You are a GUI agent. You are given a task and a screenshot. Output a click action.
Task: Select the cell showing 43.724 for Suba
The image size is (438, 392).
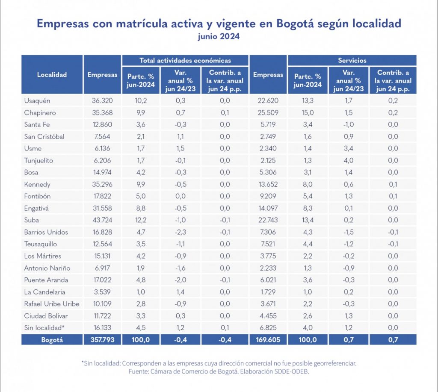(102, 220)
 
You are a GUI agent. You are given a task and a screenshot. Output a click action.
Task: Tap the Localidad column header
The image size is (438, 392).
(52, 75)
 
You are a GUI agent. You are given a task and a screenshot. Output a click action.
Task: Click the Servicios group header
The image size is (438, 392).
(352, 61)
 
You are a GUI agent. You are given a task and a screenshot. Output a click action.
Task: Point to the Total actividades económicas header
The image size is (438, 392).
(185, 61)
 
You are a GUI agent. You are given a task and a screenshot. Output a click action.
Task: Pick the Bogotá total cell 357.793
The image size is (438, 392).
(102, 340)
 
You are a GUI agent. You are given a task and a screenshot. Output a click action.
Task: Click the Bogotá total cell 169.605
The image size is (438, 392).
(268, 340)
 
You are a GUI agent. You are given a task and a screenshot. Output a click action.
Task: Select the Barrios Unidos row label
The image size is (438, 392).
(46, 232)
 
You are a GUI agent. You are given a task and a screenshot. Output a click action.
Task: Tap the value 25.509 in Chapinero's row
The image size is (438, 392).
(268, 113)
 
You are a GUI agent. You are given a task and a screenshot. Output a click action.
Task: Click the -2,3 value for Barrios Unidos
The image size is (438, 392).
(180, 232)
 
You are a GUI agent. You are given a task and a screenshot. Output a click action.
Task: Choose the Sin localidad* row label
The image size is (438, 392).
(44, 328)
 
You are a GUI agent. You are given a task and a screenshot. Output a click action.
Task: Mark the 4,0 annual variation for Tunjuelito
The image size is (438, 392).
(348, 161)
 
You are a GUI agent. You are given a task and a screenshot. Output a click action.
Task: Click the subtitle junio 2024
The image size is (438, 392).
(219, 37)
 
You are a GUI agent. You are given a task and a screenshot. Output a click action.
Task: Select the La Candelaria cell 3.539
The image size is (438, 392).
(102, 292)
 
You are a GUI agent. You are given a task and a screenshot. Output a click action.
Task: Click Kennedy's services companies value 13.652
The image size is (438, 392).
(268, 185)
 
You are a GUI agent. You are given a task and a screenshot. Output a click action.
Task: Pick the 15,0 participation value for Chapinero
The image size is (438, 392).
(308, 113)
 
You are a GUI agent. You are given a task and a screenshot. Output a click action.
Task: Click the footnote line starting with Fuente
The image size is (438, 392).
(219, 371)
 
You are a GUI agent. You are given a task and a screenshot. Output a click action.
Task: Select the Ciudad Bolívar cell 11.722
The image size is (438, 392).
(102, 316)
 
